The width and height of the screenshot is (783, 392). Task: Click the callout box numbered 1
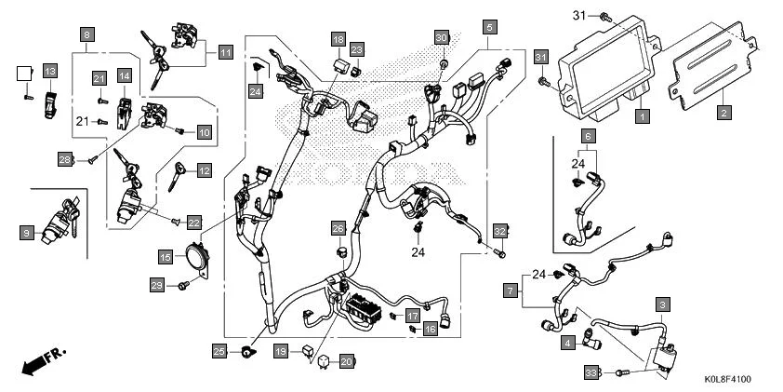641,116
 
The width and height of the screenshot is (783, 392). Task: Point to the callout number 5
489,27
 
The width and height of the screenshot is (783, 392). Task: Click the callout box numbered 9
27,231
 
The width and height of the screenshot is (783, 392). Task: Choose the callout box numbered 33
590,372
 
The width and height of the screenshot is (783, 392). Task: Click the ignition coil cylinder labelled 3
666,355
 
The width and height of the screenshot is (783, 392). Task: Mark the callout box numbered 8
86,35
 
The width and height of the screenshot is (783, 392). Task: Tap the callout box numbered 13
49,72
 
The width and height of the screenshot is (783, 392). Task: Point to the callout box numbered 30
442,37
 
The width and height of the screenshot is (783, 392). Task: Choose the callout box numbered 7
511,291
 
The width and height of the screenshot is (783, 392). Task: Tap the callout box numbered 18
338,39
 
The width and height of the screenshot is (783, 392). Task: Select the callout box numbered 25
219,350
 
